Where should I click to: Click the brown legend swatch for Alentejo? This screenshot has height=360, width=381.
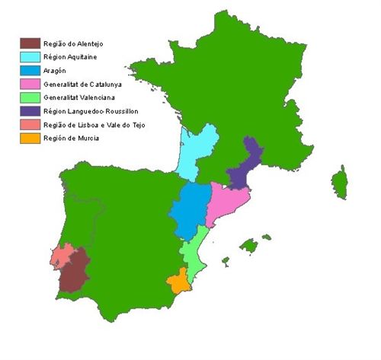(30, 43)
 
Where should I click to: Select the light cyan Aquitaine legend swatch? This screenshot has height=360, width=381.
(30, 56)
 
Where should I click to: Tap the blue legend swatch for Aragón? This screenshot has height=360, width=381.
(30, 70)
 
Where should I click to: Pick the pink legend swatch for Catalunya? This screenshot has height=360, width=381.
(30, 84)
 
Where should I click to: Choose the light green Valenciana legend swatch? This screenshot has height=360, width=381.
(30, 97)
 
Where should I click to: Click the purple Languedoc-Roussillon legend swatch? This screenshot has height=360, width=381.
(30, 111)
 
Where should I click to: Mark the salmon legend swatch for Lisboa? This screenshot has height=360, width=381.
(30, 125)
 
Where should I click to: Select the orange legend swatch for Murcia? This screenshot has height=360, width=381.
(30, 139)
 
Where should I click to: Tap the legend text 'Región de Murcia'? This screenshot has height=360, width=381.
(72, 139)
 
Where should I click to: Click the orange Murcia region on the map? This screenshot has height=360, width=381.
(180, 282)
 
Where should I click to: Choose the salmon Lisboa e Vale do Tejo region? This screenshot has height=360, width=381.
(61, 255)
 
